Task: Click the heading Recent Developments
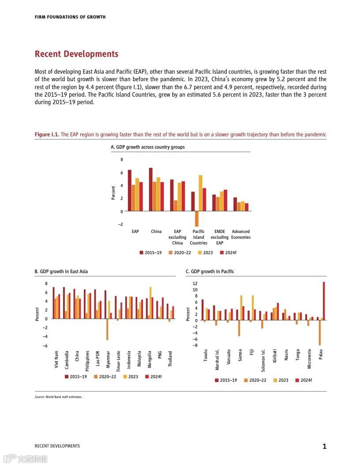[76, 54]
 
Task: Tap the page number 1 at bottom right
[324, 447]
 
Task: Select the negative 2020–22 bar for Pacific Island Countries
[197, 219]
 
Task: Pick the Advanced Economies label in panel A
[241, 234]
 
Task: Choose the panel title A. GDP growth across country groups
[148, 147]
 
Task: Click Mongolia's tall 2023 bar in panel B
[150, 303]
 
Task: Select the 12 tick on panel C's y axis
[195, 283]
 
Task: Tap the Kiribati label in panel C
[274, 355]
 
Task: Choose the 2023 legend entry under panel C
[281, 380]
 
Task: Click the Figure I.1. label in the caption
[47, 135]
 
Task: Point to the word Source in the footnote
[40, 397]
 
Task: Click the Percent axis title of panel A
[113, 193]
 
